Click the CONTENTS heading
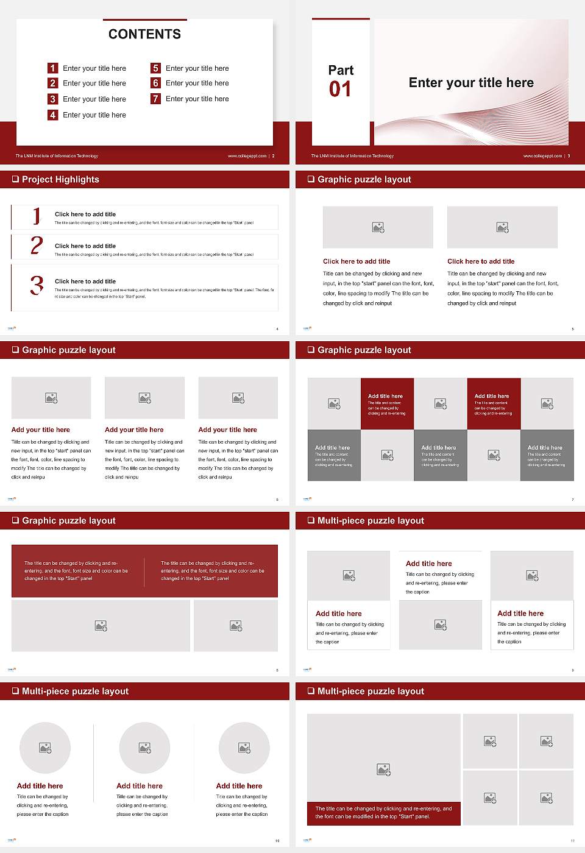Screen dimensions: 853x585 coord(144,34)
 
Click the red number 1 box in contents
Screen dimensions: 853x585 coord(53,68)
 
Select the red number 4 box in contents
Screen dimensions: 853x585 coord(53,115)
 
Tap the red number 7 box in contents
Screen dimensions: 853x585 coord(156,99)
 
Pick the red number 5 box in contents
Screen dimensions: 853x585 coord(156,68)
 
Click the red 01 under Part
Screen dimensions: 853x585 coord(340,90)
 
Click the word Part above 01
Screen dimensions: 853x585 coord(341,70)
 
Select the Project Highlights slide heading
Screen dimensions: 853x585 coord(60,179)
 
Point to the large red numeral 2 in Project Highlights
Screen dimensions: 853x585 coord(37,246)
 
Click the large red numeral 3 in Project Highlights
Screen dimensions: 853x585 coord(37,285)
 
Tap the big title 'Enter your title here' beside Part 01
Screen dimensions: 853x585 coord(471,83)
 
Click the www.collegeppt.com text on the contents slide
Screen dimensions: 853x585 coord(247,156)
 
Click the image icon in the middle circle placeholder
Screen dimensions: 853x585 coord(144,748)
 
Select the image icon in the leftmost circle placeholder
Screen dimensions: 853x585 coord(45,748)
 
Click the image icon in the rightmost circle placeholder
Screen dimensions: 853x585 coord(244,748)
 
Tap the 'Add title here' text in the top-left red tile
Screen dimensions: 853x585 coord(385,396)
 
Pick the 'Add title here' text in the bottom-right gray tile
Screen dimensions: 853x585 coord(545,447)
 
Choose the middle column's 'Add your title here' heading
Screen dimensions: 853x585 coord(134,430)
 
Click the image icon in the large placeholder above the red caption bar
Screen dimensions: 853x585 coord(383,770)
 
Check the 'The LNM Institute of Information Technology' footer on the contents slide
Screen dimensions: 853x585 coord(57,156)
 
